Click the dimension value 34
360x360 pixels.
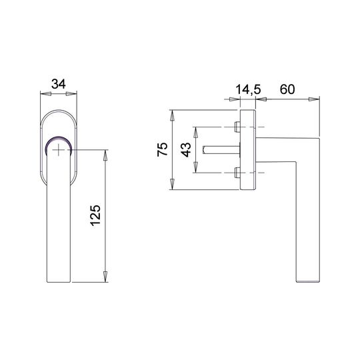point(59,84)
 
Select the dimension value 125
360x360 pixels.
point(95,215)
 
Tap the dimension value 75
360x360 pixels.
point(162,149)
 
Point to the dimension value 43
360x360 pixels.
point(186,150)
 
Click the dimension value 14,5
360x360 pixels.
point(249,89)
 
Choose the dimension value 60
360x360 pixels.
point(287,89)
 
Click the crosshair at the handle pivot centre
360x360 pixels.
point(59,150)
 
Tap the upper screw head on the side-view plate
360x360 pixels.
point(237,127)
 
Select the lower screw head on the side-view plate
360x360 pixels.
point(237,173)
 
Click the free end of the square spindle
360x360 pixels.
point(203,150)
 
